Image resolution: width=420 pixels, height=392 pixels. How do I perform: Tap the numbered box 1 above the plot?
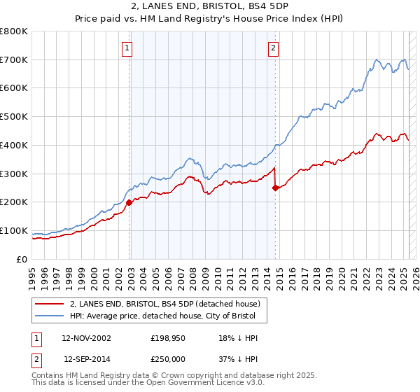[x=127, y=48]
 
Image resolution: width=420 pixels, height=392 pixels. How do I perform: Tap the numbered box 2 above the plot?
[x=273, y=48]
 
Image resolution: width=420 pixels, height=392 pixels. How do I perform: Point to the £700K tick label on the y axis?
[x=14, y=59]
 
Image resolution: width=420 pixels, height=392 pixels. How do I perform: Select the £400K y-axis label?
[x=14, y=145]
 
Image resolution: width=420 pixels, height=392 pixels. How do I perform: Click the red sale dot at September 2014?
[x=275, y=188]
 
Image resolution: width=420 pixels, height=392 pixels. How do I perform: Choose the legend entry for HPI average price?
[x=167, y=316]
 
